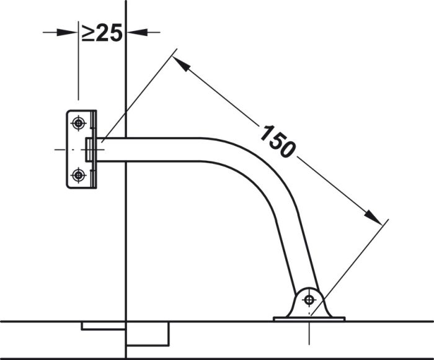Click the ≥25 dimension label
pyautogui.click(x=102, y=32)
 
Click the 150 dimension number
pyautogui.click(x=277, y=142)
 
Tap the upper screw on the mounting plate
pyautogui.click(x=78, y=123)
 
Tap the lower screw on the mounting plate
pyautogui.click(x=78, y=175)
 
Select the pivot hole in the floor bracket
pyautogui.click(x=309, y=300)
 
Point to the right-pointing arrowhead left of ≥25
pyautogui.click(x=67, y=32)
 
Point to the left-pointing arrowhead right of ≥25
pyautogui.click(x=137, y=32)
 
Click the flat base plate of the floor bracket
pyautogui.click(x=309, y=319)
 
